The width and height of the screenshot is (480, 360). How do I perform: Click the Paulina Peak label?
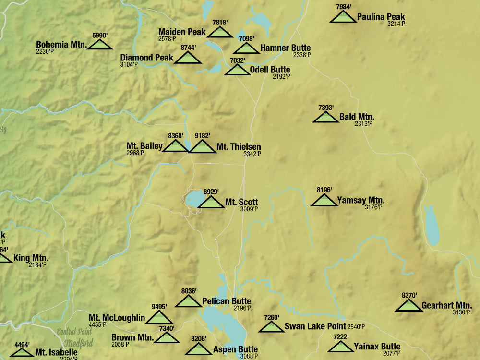(x=381, y=17)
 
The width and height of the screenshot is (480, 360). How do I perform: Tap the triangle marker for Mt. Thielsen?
(x=202, y=147)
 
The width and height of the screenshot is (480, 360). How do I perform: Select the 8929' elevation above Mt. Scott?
(x=211, y=192)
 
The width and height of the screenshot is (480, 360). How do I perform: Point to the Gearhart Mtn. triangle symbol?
(x=409, y=305)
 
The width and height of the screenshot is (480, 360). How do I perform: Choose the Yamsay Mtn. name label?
(x=360, y=201)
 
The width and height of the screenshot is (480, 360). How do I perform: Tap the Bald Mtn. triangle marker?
(x=325, y=117)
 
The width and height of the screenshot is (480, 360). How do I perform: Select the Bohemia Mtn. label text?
(x=61, y=45)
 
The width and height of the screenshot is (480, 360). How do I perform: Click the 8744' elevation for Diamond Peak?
(x=188, y=48)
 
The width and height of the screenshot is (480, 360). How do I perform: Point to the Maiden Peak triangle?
(x=220, y=33)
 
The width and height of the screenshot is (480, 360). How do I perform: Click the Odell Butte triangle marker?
(x=237, y=70)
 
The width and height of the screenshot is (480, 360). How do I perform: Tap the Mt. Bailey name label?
(x=144, y=146)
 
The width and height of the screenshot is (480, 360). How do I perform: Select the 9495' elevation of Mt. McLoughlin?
(x=159, y=307)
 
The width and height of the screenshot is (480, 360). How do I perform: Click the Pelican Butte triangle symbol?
(x=188, y=301)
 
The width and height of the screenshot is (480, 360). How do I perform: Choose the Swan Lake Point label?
(x=315, y=326)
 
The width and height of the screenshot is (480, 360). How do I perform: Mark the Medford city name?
(x=79, y=343)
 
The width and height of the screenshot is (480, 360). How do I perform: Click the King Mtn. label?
(x=31, y=258)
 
